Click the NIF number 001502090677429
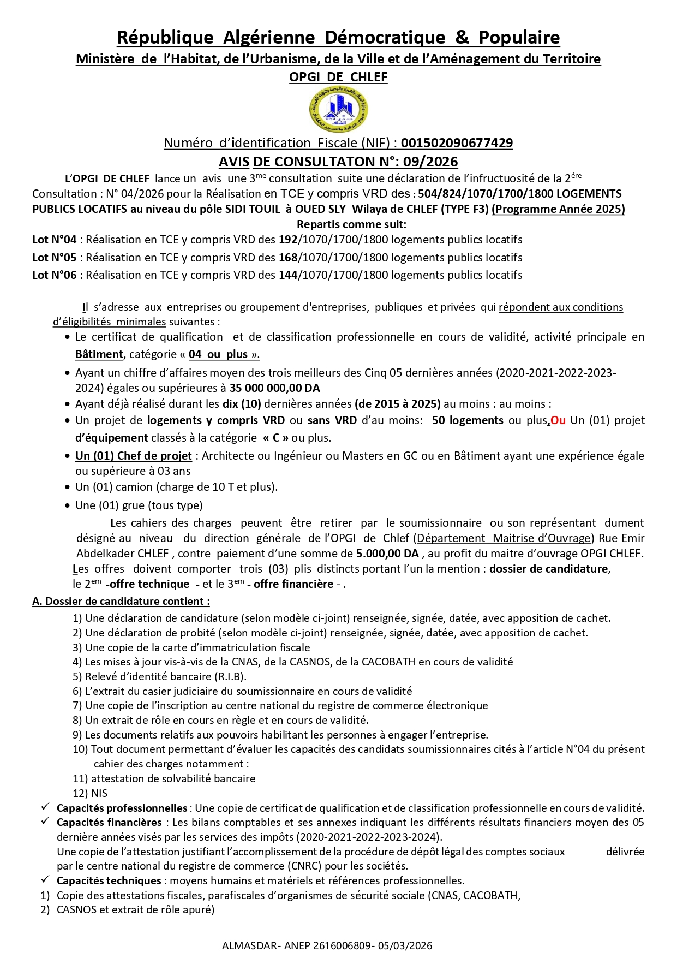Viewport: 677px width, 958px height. click(x=457, y=143)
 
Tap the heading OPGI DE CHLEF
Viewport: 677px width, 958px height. click(x=338, y=77)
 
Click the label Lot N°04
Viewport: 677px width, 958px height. click(x=55, y=240)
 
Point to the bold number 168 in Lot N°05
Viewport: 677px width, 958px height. click(x=288, y=258)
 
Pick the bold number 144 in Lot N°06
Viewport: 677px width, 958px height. click(x=288, y=275)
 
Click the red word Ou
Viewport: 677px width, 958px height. click(x=558, y=420)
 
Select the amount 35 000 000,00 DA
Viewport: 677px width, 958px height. click(x=274, y=388)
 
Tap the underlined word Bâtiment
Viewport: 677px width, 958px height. click(x=99, y=354)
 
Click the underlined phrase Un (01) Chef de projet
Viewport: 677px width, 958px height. click(x=134, y=456)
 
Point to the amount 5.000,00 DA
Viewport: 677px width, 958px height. click(x=387, y=554)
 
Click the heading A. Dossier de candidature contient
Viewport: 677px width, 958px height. click(x=121, y=602)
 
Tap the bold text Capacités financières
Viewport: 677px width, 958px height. click(x=109, y=822)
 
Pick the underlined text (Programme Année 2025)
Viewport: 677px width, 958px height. click(x=558, y=209)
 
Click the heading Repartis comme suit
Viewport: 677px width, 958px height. click(x=351, y=224)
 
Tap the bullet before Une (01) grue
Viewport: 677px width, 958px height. click(x=67, y=506)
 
